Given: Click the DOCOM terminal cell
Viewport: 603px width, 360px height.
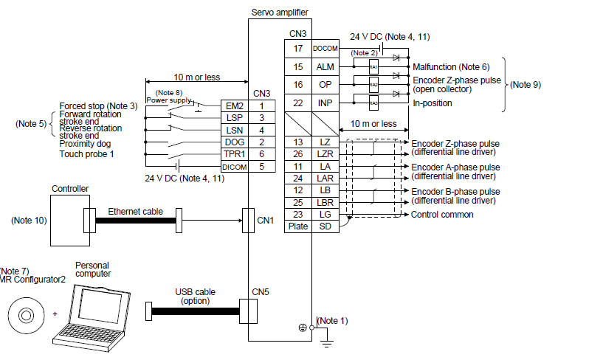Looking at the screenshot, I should coord(325,48).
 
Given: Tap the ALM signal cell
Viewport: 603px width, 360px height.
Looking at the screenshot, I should coord(325,67).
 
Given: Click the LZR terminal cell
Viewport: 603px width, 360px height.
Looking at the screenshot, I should coord(325,154).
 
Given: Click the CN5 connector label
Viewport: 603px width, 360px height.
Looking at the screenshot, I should coord(261,291).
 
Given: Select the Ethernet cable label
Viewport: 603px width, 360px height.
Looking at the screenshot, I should coord(135,211).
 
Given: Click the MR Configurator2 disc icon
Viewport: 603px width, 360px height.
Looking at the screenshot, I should coord(26,316).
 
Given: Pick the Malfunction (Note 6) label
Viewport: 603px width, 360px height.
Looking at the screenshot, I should coord(450,67).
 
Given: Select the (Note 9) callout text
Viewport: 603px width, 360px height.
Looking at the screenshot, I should coord(526,84).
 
